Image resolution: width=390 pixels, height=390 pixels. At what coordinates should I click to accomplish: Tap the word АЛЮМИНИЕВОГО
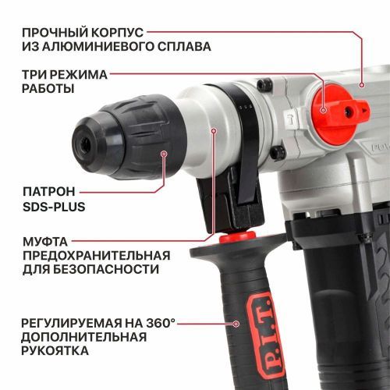[x=101, y=47]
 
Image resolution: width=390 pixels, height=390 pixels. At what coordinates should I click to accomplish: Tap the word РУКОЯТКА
[x=54, y=351]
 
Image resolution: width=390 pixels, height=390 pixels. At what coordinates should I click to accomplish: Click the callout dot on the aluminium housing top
[x=360, y=83]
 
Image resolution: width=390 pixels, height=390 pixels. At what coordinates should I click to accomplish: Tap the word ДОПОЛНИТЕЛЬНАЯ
[x=84, y=337]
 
